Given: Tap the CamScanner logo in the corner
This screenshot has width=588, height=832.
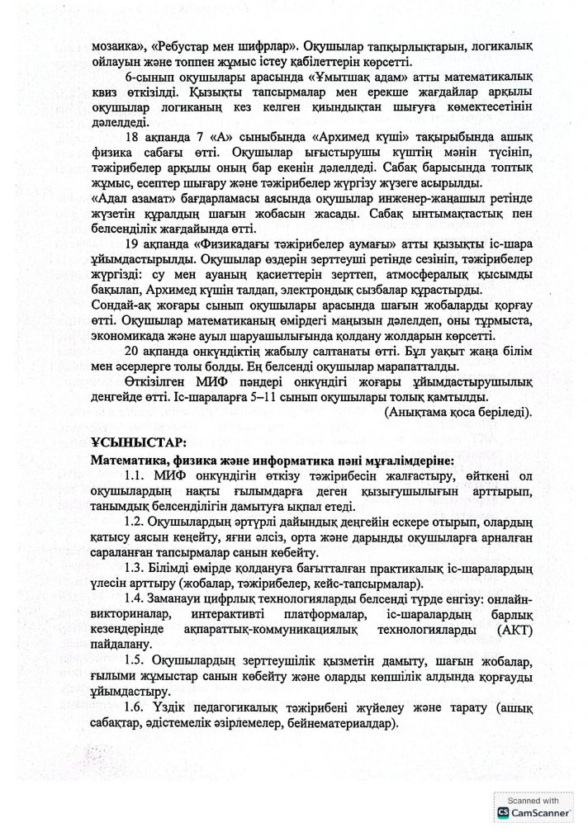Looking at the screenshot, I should [x=505, y=813].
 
